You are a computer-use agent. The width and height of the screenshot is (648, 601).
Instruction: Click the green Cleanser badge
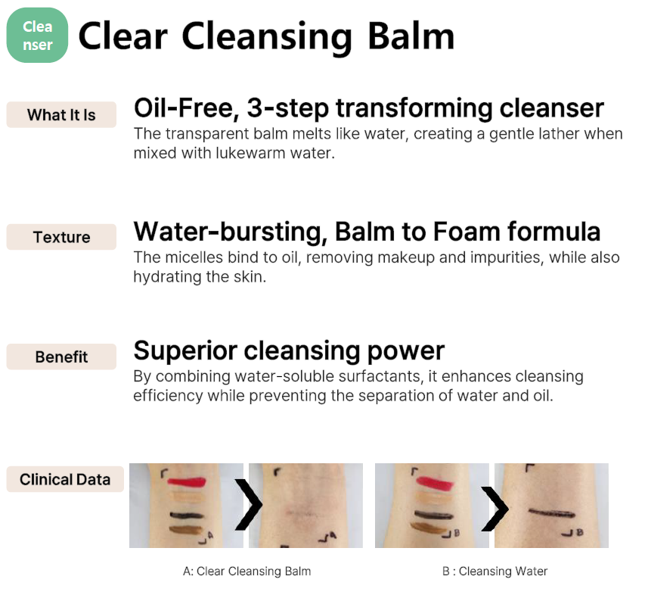pos(37,35)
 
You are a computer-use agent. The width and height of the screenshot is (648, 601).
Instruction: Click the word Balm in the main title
pos(411,36)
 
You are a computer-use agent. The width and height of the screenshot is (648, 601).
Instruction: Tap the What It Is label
pos(61,114)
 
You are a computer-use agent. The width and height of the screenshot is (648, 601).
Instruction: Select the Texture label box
pos(61,237)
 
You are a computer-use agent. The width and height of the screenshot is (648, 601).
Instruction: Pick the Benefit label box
pos(61,357)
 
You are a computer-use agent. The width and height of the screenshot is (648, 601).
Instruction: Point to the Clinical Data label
pos(65,479)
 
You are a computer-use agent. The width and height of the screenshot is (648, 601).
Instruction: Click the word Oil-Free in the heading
pos(187,108)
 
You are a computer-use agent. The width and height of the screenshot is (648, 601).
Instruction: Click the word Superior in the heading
pos(185,350)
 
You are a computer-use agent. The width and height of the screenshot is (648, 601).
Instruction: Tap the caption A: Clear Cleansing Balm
pos(246,571)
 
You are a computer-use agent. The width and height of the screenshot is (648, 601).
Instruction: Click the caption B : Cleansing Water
pos(495,571)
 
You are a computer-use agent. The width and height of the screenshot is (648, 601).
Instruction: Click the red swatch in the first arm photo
pos(187,482)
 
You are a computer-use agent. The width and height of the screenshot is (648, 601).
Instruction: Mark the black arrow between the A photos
pos(249,505)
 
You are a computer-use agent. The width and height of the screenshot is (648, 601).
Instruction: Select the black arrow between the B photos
pos(495,509)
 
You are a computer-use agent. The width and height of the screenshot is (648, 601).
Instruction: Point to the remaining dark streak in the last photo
pos(552,513)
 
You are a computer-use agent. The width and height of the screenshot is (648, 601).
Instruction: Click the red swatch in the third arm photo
pos(435,482)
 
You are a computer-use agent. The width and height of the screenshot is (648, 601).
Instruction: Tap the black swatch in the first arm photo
pos(187,515)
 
